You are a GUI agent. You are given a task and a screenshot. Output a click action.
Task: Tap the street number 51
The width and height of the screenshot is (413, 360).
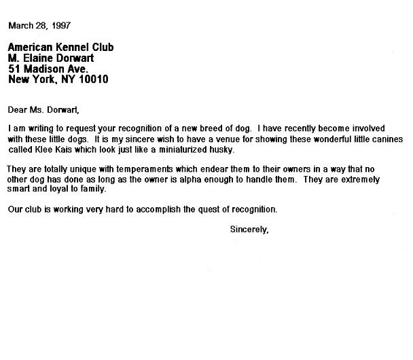[x=14, y=69]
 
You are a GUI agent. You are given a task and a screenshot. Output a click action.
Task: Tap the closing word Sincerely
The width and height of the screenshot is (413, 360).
[x=250, y=230]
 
